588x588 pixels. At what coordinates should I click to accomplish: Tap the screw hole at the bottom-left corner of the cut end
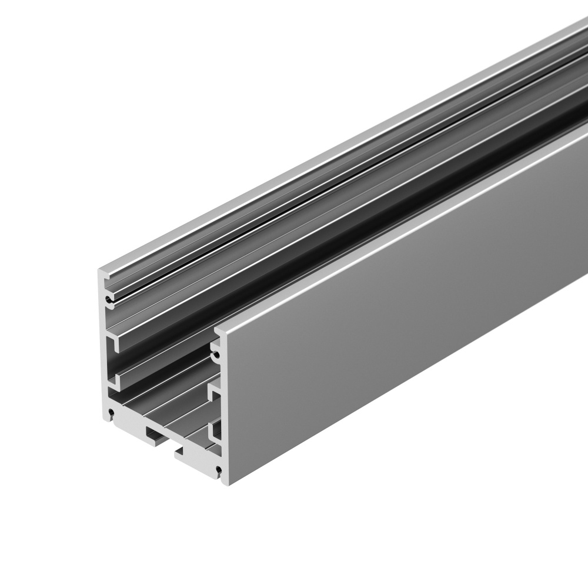tap(110, 417)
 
